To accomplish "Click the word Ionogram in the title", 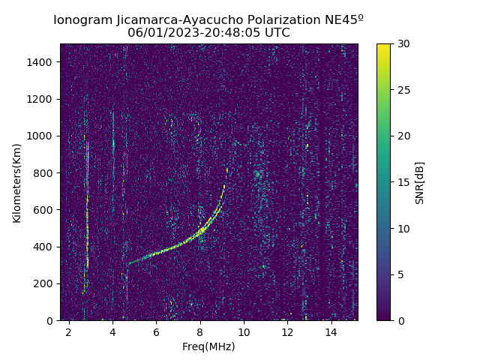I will (82, 20).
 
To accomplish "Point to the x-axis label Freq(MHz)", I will (208, 346).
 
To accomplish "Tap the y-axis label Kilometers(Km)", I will (16, 182).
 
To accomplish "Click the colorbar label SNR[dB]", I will (420, 182).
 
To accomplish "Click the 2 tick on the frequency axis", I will (69, 331).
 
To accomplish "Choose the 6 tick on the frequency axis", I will (156, 331).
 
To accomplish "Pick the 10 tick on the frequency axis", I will (244, 331).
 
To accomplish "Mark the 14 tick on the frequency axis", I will (331, 331).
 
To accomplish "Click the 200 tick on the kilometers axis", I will (43, 283).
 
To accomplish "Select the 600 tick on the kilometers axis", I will (43, 210).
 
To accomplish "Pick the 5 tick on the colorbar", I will (398, 274).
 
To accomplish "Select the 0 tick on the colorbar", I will (398, 320).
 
